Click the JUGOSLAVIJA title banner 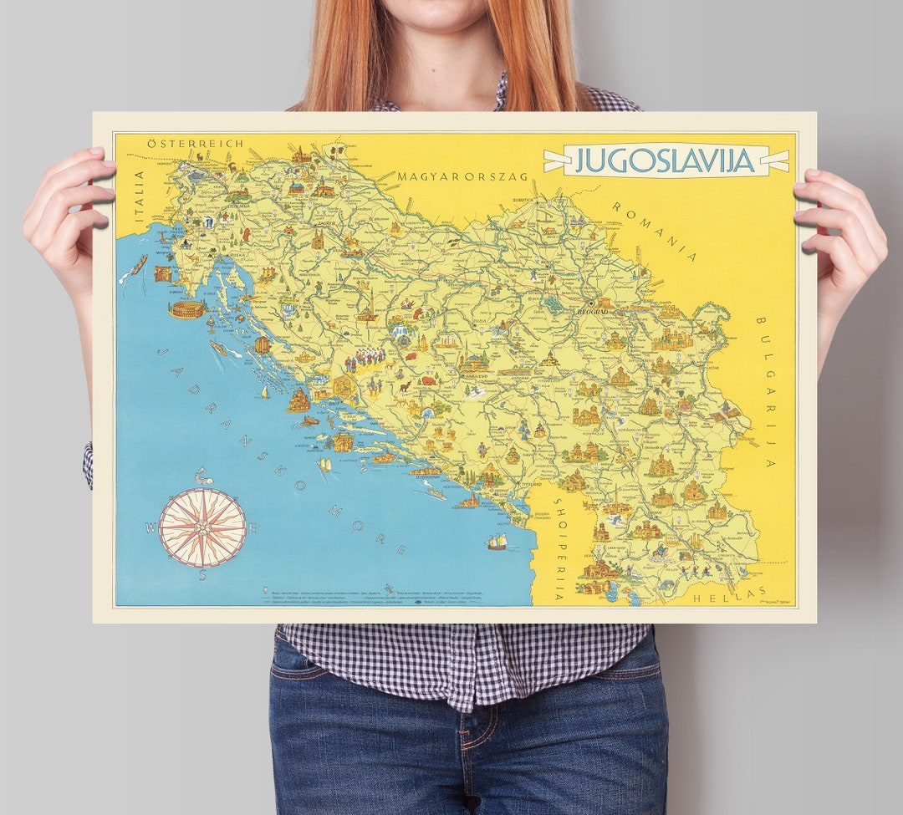click(x=666, y=160)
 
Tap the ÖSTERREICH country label click(x=195, y=144)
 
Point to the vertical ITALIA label click(x=140, y=196)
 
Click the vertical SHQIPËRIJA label click(x=559, y=552)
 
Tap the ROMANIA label click(x=654, y=231)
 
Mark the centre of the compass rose click(x=202, y=527)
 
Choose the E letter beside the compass click(x=253, y=528)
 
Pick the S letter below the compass click(x=202, y=575)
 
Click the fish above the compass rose click(x=203, y=477)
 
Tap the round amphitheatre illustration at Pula click(x=186, y=309)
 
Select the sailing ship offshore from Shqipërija click(x=497, y=542)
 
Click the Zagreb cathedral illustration click(x=317, y=240)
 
